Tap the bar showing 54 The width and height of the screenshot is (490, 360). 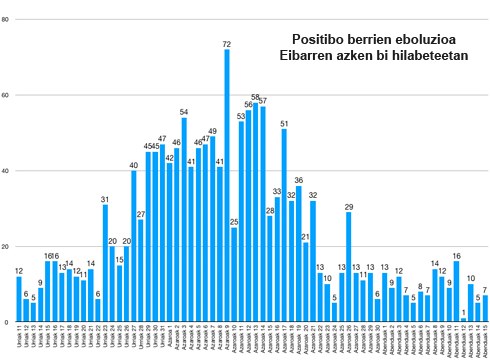coord(184,221)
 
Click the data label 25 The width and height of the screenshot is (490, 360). coord(234,222)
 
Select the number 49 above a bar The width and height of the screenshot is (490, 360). coord(212,131)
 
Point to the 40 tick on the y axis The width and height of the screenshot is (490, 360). coord(6,171)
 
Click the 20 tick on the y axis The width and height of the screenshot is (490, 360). coord(6,247)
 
